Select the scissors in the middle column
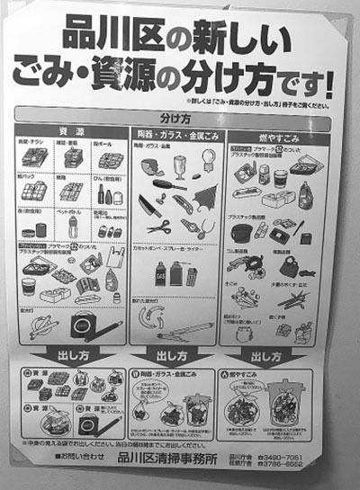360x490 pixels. coord(159,227)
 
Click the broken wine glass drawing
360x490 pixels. coord(180,165)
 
